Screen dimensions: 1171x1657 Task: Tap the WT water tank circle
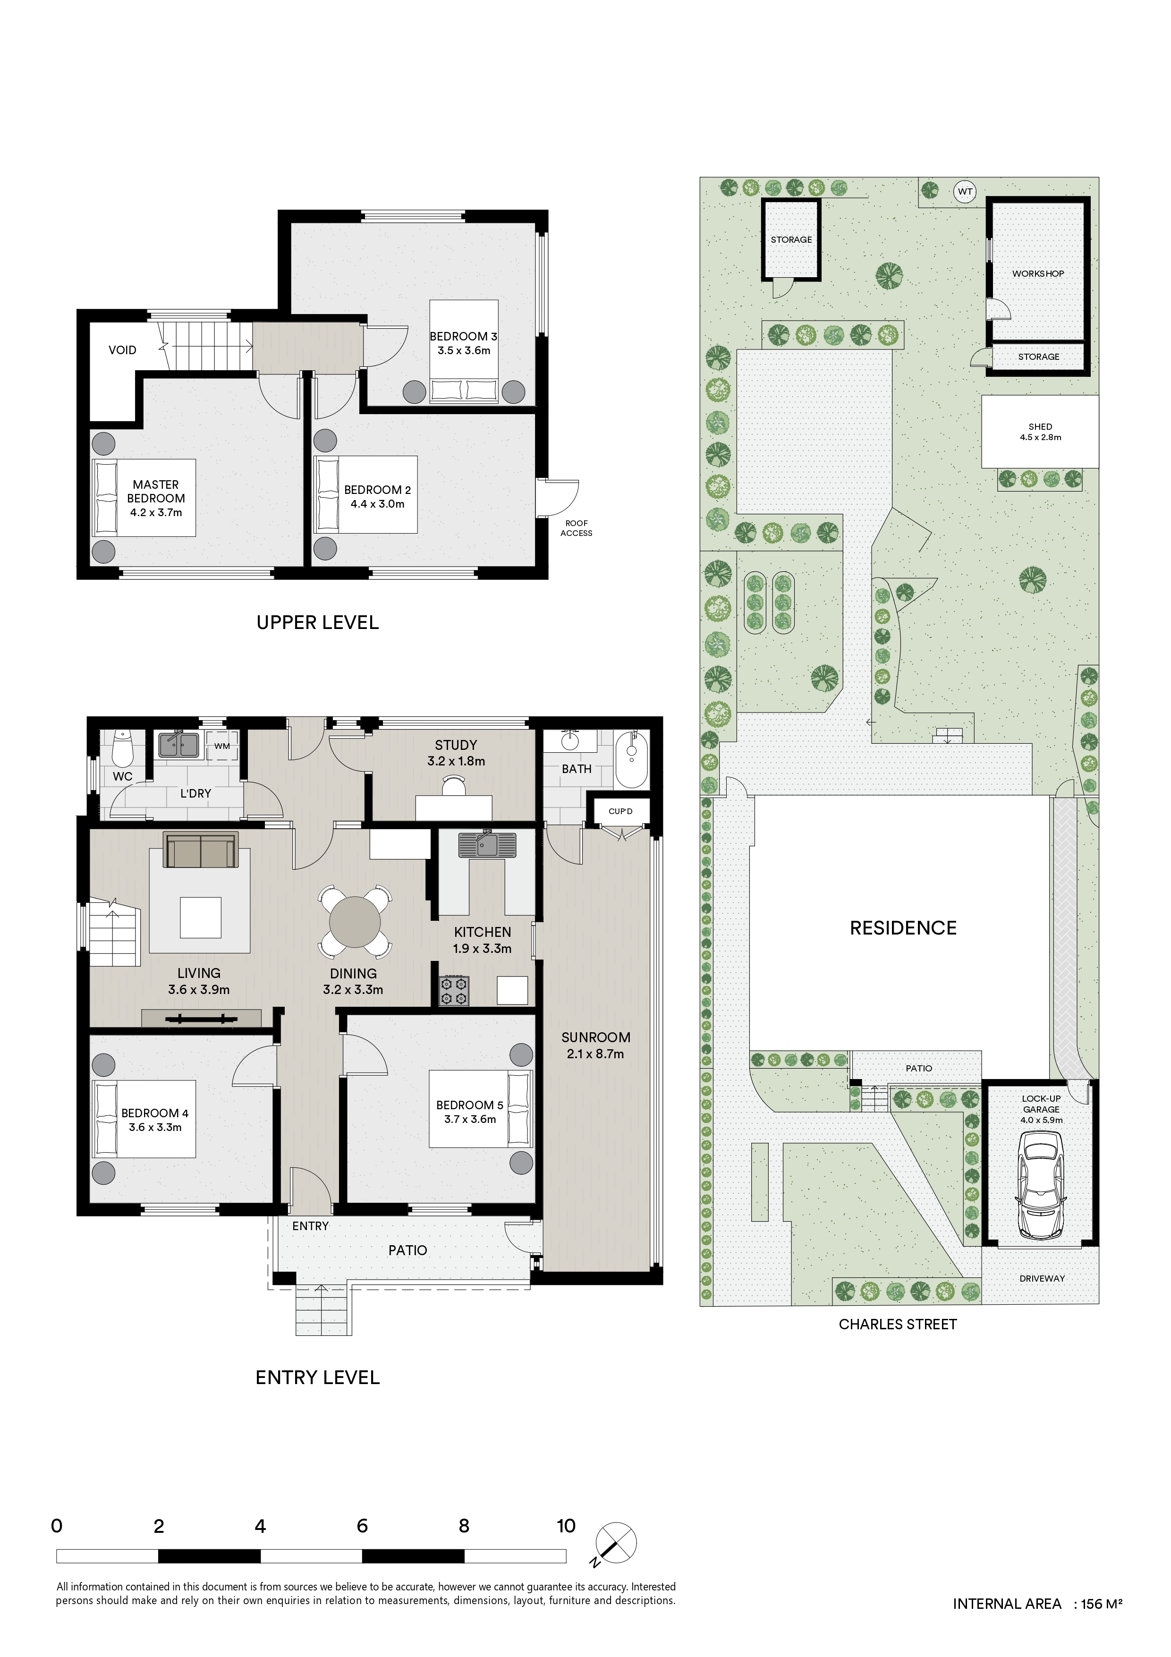pos(965,192)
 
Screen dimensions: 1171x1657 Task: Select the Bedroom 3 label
pos(463,343)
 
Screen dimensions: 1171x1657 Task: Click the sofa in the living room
pos(201,850)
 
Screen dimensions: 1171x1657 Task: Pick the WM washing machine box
pos(222,746)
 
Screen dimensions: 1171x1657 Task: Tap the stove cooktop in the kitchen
pos(454,991)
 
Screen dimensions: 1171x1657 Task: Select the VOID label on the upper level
pos(122,350)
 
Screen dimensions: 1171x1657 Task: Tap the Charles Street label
pos(898,1324)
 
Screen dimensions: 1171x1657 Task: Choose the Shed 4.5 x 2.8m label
pos(1040,432)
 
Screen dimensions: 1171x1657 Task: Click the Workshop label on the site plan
pos(1037,273)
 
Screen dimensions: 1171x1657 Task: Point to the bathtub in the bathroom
pos(632,758)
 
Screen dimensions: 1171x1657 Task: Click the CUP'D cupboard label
pos(620,811)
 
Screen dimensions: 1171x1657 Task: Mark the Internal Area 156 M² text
pos(1037,1604)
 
